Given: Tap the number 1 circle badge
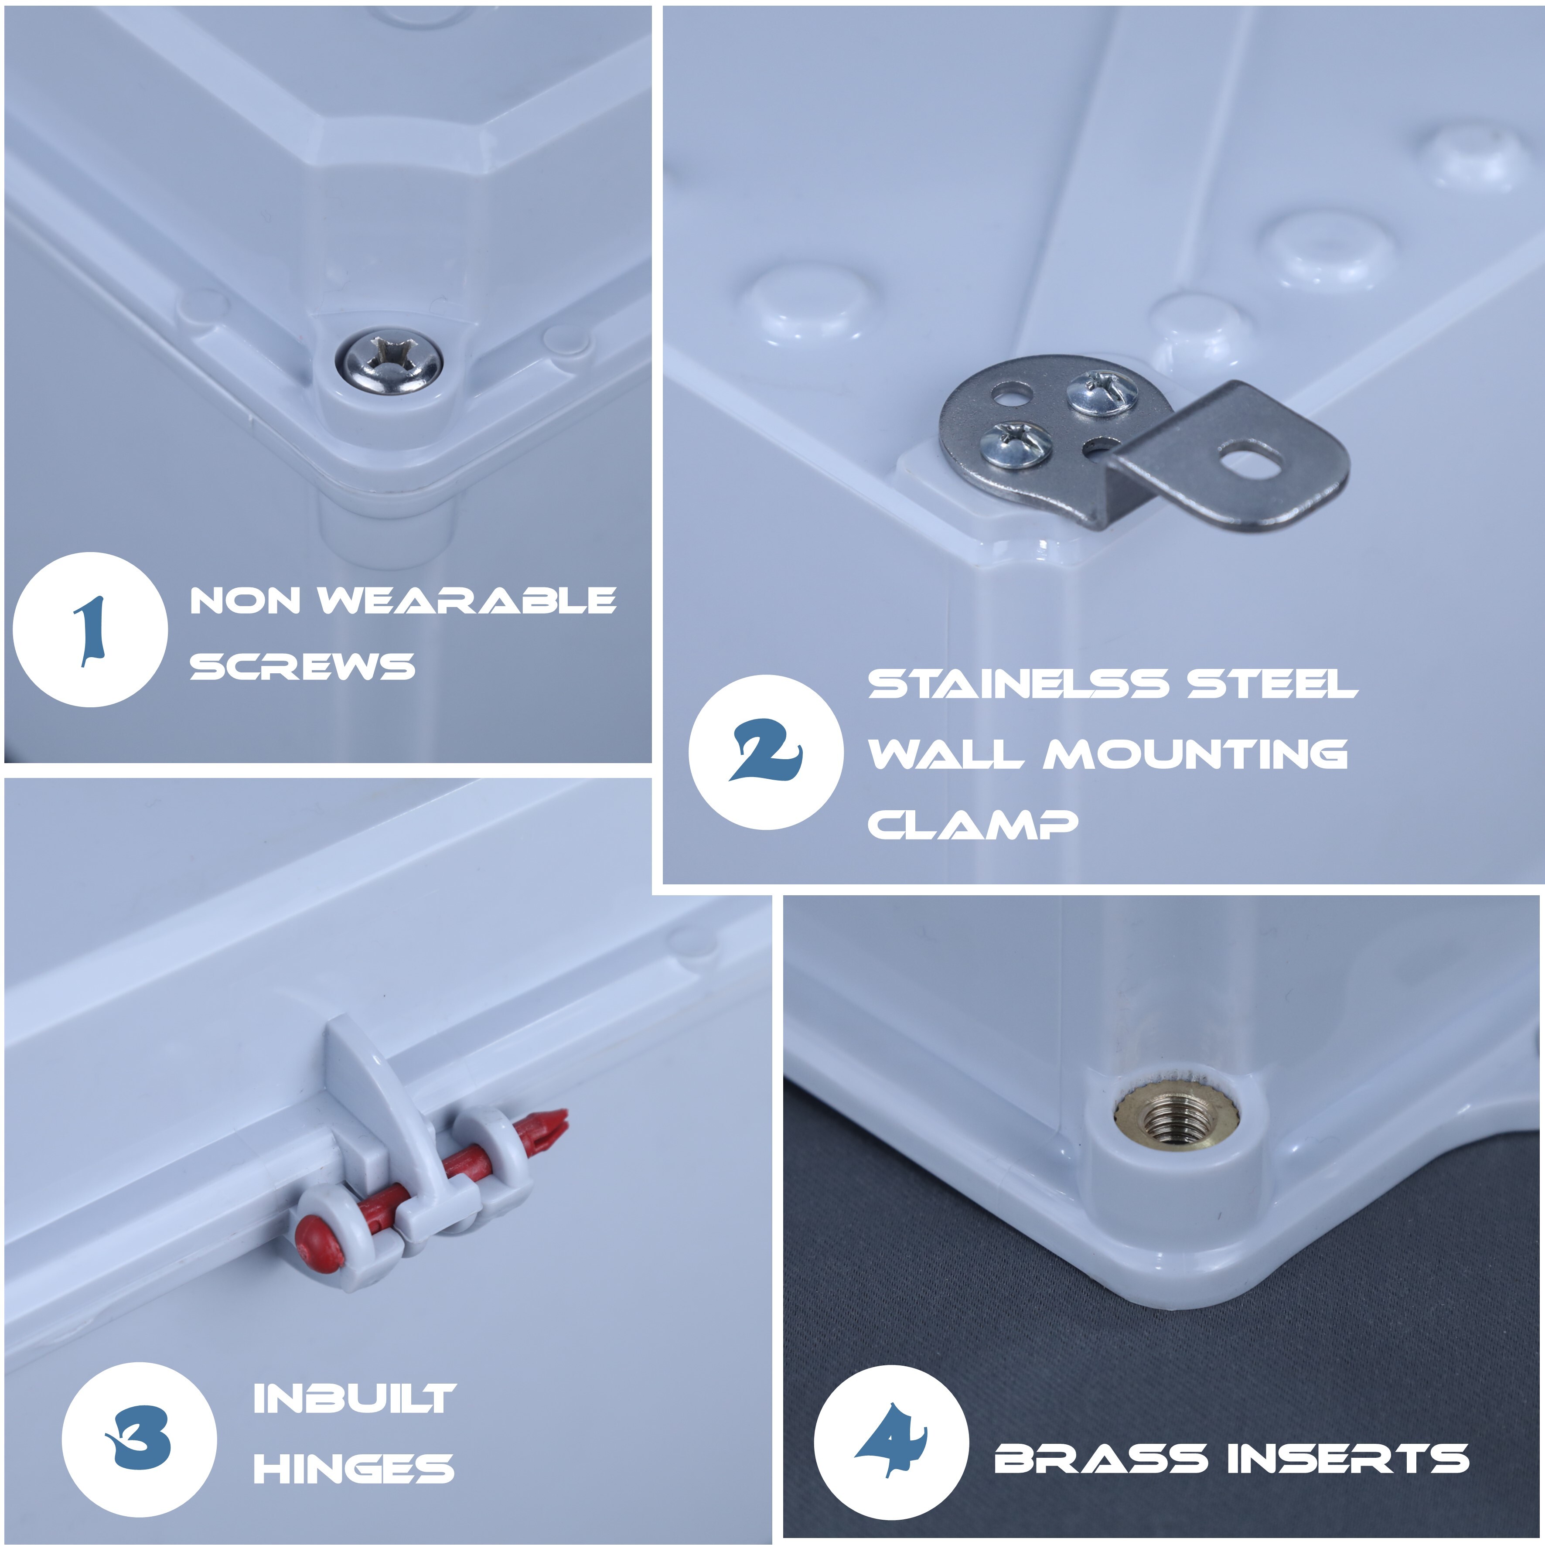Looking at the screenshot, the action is (x=90, y=629).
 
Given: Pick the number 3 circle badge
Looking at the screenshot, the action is (x=139, y=1439).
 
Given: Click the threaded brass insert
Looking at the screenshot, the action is (x=1177, y=1115).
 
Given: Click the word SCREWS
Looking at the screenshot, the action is (x=302, y=666).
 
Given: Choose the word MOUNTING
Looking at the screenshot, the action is (x=1196, y=754).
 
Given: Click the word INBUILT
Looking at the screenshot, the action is (x=354, y=1398).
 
